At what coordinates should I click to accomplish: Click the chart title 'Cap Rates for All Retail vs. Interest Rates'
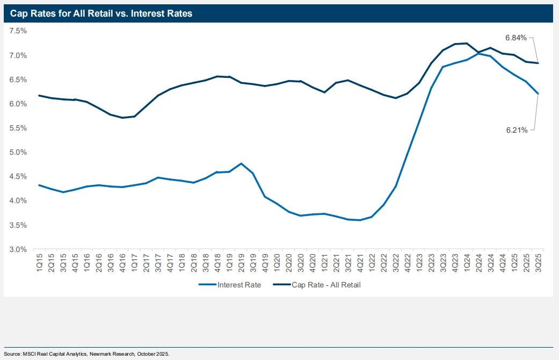pyautogui.click(x=101, y=14)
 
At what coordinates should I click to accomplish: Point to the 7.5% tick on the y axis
pyautogui.click(x=18, y=31)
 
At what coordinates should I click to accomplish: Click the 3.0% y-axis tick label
pyautogui.click(x=18, y=249)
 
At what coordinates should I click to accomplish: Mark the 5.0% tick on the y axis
pyautogui.click(x=18, y=152)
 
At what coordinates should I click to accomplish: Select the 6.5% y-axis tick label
pyautogui.click(x=18, y=80)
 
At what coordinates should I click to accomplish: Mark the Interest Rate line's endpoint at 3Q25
pyautogui.click(x=538, y=93)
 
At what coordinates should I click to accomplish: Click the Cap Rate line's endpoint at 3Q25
pyautogui.click(x=538, y=63)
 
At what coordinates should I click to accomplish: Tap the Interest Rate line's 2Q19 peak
pyautogui.click(x=241, y=163)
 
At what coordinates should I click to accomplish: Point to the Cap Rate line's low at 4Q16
pyautogui.click(x=122, y=118)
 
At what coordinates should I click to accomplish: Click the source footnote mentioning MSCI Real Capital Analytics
pyautogui.click(x=86, y=354)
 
